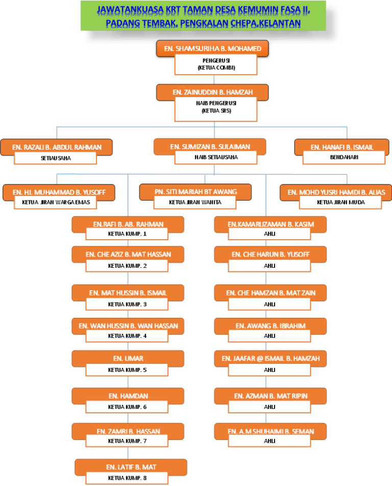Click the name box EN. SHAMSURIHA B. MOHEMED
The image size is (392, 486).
point(213,49)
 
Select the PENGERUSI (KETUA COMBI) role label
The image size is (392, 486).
point(214,63)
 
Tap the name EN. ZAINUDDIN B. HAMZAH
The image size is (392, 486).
point(212,92)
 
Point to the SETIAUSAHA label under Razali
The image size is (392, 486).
point(56,158)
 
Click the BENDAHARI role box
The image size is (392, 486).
point(344,157)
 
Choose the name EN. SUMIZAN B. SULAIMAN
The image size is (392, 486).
point(210,147)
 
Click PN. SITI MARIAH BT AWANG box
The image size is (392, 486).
point(195,192)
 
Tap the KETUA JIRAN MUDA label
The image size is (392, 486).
point(339,202)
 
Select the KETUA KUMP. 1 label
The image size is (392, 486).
point(127,234)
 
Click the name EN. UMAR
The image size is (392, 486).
point(128,358)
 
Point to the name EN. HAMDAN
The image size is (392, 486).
point(128,396)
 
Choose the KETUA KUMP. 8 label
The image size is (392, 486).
point(127,478)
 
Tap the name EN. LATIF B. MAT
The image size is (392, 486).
point(128,467)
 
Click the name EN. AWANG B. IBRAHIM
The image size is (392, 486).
point(271,325)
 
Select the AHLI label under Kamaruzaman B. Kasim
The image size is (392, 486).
point(269,234)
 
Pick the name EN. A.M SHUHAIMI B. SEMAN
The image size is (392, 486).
point(271,431)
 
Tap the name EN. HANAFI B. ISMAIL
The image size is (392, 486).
point(342,147)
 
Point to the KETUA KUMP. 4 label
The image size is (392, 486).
point(127,336)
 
